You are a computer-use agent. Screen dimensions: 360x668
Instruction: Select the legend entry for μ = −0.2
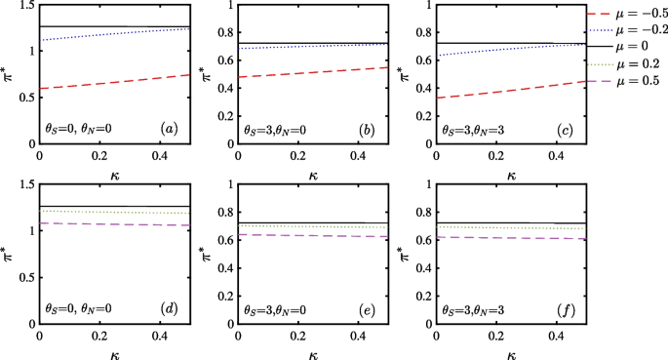point(629,28)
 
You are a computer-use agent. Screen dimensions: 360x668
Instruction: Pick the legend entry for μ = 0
point(629,47)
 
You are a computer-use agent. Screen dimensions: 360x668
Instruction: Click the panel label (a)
point(170,128)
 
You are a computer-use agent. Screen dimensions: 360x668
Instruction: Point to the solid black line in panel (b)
point(312,43)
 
